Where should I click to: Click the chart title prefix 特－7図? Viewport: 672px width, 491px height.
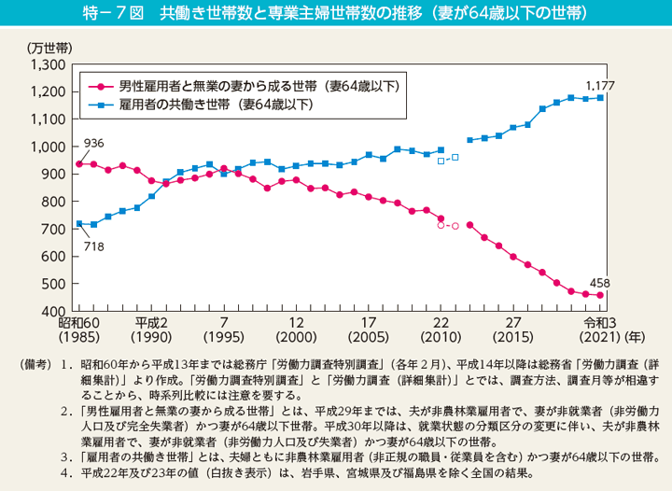[115, 13]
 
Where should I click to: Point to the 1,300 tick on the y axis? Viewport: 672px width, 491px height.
[46, 65]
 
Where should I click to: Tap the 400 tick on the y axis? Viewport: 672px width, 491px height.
[51, 311]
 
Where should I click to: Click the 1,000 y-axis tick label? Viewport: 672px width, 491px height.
[46, 147]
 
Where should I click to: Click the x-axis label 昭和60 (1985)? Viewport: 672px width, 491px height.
[79, 330]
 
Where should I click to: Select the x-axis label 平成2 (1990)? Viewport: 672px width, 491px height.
[151, 330]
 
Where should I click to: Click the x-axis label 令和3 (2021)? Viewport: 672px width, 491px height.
[599, 330]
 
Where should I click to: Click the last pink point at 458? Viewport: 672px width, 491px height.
[601, 295]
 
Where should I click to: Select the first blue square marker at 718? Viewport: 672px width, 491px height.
[79, 223]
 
